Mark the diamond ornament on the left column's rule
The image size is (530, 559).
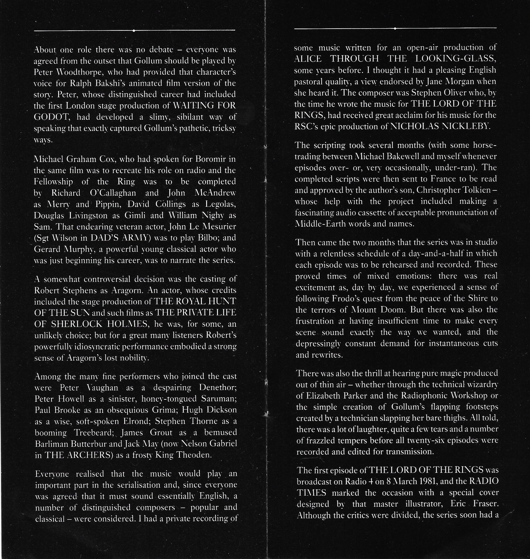point(134,31)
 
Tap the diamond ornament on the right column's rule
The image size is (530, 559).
point(395,29)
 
